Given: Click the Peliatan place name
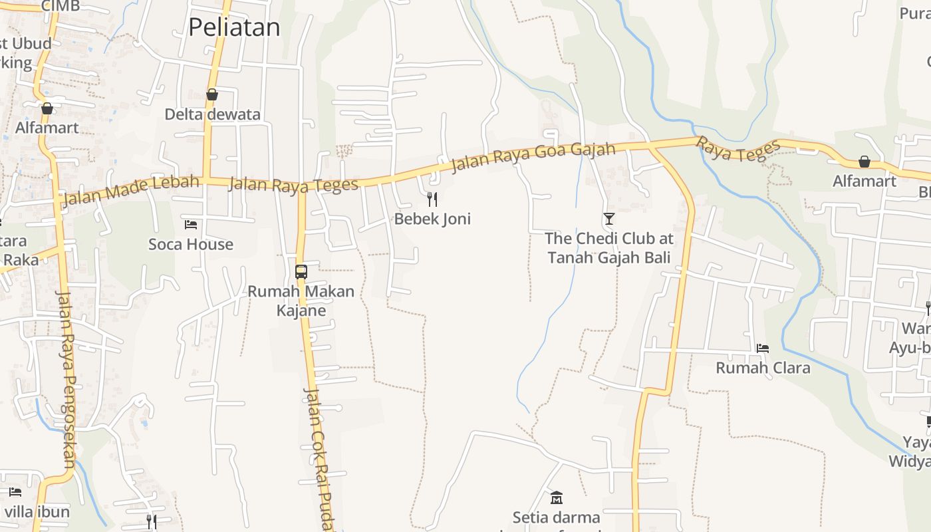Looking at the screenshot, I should pyautogui.click(x=234, y=27).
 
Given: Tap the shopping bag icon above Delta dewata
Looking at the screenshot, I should pyautogui.click(x=212, y=94).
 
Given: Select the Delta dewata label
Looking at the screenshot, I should pyautogui.click(x=213, y=114).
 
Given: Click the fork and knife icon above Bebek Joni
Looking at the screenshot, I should pyautogui.click(x=432, y=199).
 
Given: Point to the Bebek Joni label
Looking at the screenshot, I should pyautogui.click(x=432, y=219).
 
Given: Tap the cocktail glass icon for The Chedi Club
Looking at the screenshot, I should pyautogui.click(x=608, y=218).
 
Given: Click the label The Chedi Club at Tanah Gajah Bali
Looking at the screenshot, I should pyautogui.click(x=608, y=247).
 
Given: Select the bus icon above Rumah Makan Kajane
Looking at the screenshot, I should pyautogui.click(x=301, y=271).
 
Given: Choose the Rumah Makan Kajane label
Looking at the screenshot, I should pyautogui.click(x=301, y=301).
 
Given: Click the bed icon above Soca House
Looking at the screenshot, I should pyautogui.click(x=191, y=225).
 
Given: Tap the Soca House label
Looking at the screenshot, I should pyautogui.click(x=191, y=244).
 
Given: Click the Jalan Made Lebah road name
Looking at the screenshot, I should pyautogui.click(x=130, y=190).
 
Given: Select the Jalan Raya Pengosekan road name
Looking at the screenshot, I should pyautogui.click(x=66, y=379).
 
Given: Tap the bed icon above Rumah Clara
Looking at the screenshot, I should pyautogui.click(x=763, y=348).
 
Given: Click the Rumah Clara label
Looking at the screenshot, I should pyautogui.click(x=763, y=368).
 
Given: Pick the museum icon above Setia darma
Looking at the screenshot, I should pyautogui.click(x=557, y=497).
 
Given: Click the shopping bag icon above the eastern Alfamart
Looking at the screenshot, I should pyautogui.click(x=864, y=161).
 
